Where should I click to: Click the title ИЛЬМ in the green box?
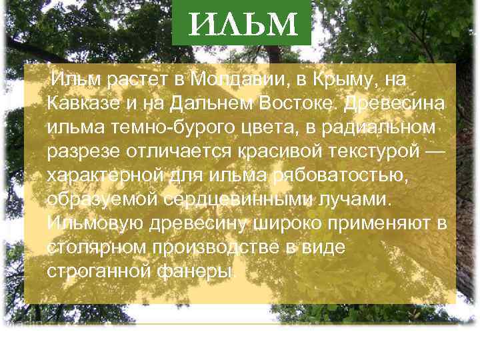pyautogui.click(x=241, y=25)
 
